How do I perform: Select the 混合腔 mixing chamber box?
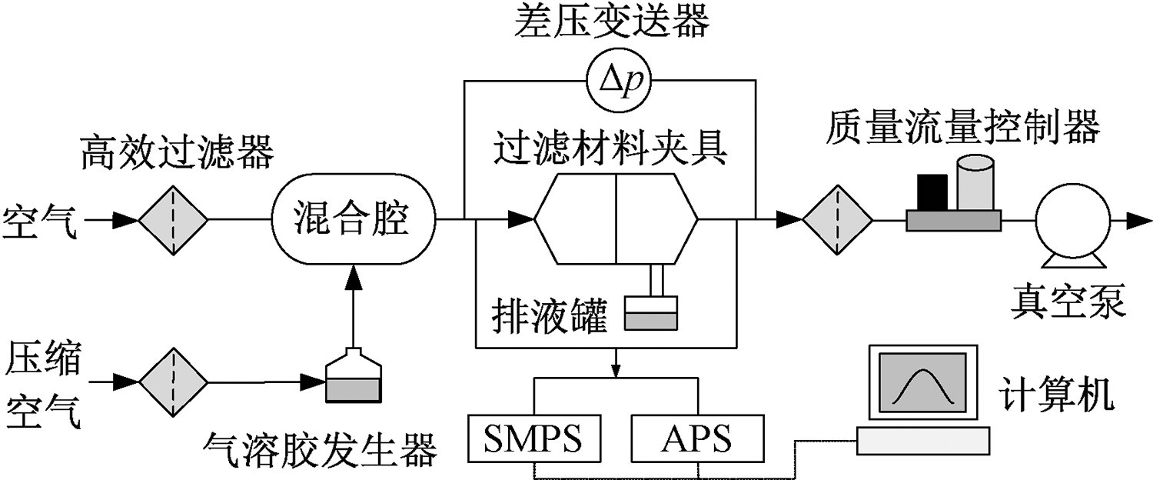click(354, 221)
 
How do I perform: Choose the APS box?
click(699, 440)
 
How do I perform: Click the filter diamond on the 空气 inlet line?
click(173, 221)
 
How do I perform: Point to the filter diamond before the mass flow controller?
click(837, 221)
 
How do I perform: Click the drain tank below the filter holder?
click(650, 315)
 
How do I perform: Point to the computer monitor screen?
click(921, 382)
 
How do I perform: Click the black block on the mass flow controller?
click(932, 192)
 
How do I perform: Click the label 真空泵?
click(1068, 302)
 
